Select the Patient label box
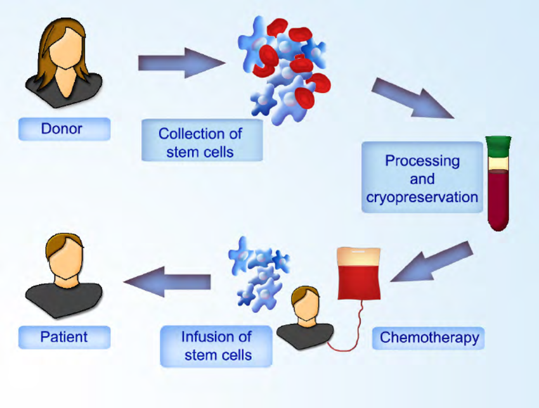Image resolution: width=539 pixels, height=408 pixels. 64,337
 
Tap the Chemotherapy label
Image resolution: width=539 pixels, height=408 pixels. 429,337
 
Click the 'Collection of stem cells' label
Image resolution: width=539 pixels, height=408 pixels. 200,143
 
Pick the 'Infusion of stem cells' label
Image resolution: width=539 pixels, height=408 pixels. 217,346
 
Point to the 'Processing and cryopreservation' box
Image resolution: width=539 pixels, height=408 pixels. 422,177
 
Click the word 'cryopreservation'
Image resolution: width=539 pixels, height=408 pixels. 422,197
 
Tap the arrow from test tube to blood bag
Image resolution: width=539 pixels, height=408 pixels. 432,262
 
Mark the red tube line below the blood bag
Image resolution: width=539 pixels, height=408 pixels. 355,336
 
